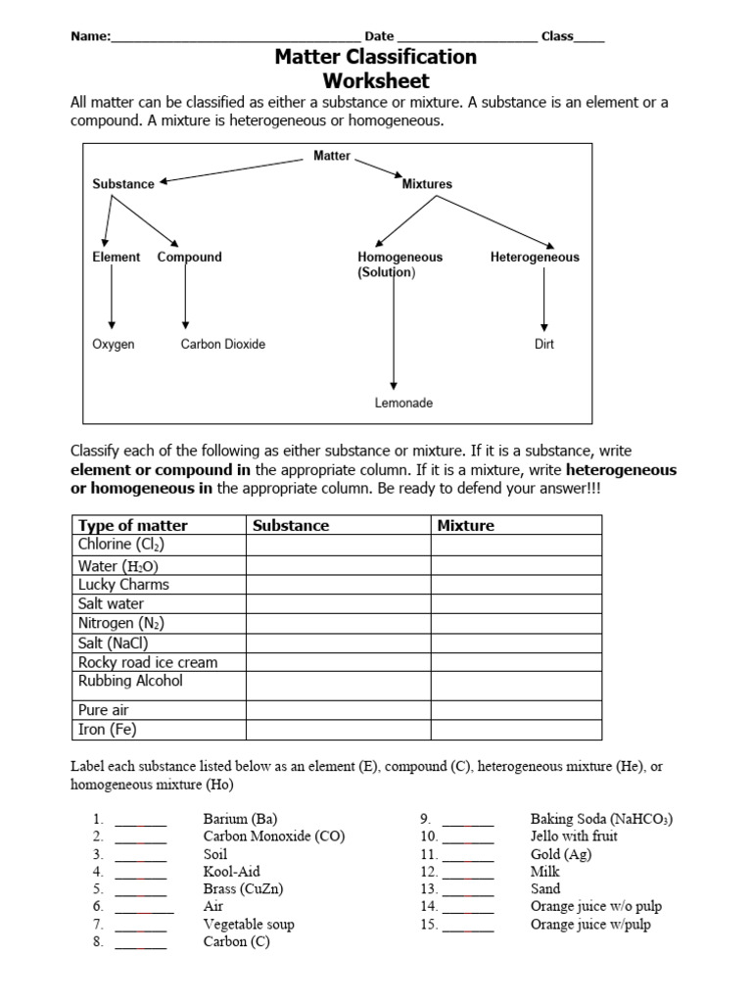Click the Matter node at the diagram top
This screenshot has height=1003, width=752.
point(332,157)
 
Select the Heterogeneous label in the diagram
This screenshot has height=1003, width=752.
point(535,258)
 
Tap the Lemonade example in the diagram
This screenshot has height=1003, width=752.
point(403,403)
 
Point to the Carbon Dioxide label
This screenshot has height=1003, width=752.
point(223,345)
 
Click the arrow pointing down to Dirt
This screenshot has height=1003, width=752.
point(545,299)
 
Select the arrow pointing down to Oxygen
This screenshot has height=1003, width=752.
point(112,299)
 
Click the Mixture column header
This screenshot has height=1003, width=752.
point(466,525)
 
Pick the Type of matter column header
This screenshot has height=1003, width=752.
point(132,525)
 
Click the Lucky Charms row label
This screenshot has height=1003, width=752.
point(123,585)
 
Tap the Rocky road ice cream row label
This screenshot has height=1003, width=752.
point(148,662)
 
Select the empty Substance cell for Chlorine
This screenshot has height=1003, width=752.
point(338,545)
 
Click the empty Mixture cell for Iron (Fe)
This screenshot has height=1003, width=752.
point(516,730)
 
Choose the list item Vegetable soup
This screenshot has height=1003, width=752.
point(249,924)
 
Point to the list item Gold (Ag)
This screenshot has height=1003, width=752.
point(561,854)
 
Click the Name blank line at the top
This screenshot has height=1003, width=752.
point(235,38)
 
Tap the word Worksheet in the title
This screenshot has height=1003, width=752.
point(376,81)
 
